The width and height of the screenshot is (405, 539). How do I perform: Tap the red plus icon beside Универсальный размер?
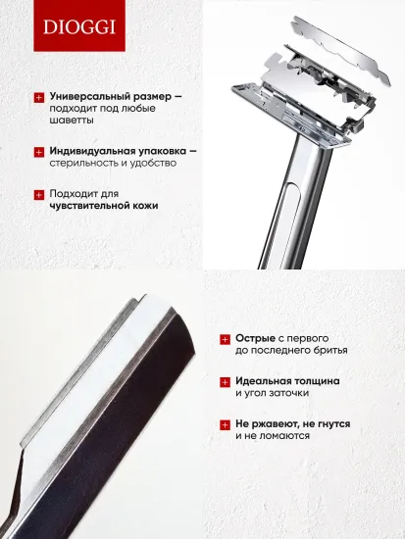click(39, 97)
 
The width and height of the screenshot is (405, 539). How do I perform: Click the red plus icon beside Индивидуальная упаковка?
click(39, 152)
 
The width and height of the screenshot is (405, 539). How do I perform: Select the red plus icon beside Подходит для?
click(39, 193)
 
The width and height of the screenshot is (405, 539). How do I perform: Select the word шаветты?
click(74, 122)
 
